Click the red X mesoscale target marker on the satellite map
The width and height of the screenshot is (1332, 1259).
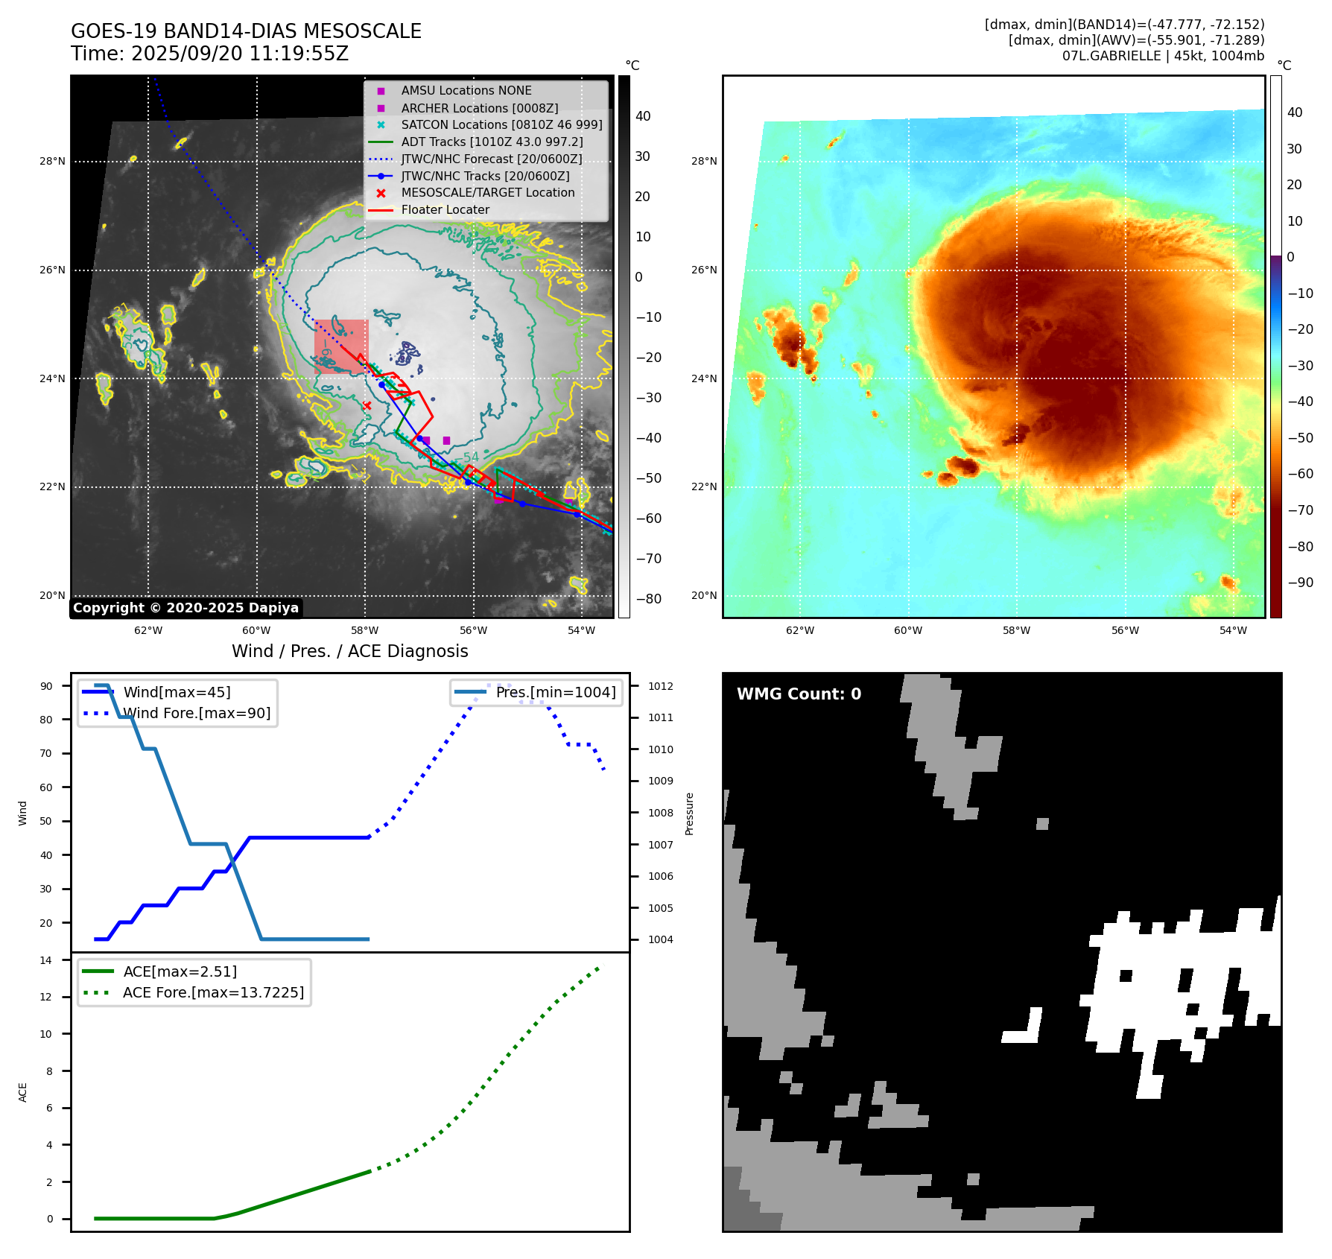tap(367, 405)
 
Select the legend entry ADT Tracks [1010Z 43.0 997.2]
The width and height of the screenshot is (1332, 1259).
tap(492, 142)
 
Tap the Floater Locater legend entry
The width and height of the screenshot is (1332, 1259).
tap(445, 210)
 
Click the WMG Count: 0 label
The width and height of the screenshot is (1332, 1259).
tap(799, 694)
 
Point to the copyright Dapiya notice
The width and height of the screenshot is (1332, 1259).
tap(185, 608)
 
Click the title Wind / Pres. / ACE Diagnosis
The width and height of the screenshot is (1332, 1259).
tap(349, 651)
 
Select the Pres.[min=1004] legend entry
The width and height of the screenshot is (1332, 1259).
tap(555, 692)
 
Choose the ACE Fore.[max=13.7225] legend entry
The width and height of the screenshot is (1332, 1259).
tap(213, 992)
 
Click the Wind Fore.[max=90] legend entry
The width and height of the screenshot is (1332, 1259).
tap(197, 713)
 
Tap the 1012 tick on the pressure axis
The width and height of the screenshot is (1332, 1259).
tap(660, 686)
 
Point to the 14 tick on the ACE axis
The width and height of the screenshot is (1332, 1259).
tap(46, 960)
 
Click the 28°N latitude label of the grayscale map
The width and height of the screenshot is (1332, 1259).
tap(52, 161)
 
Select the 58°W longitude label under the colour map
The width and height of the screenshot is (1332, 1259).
tap(1016, 630)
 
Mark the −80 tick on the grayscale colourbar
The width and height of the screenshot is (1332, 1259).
tap(648, 599)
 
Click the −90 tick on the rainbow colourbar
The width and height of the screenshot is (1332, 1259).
tap(1301, 583)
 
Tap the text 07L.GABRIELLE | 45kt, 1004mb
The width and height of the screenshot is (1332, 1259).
tap(1163, 56)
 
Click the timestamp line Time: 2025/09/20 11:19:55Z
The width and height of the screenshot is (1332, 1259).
tap(209, 54)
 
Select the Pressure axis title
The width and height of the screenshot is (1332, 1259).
tap(689, 814)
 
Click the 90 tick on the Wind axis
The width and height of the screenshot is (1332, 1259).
tap(46, 686)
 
